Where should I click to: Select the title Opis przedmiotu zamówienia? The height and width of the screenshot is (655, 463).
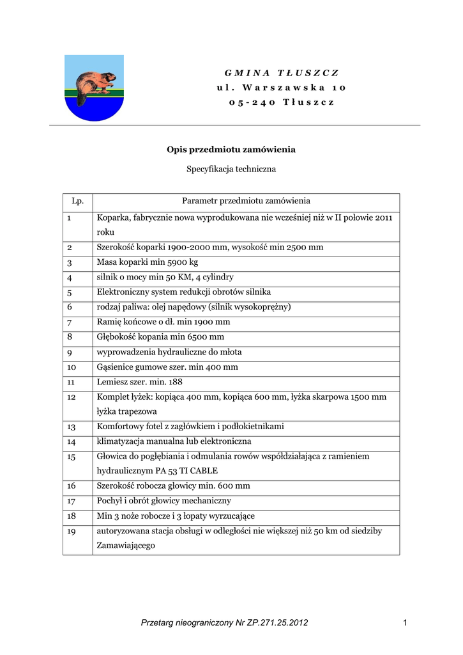231,149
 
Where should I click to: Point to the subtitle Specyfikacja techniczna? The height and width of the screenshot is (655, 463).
231,170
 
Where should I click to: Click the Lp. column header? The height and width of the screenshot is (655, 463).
78,201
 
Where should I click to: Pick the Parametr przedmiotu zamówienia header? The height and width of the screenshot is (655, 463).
246,201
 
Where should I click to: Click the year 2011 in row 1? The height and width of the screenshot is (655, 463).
381,218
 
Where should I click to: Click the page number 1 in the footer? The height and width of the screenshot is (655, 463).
405,622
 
